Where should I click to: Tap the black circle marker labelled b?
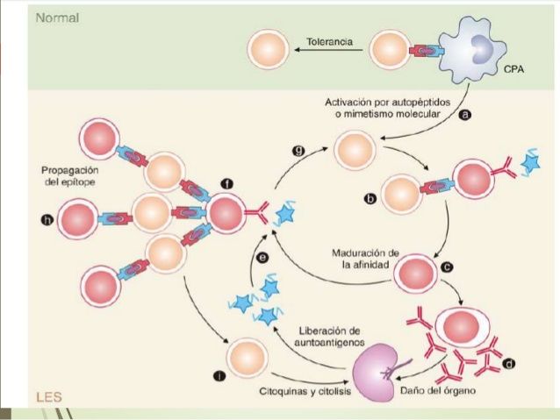(x=370, y=199)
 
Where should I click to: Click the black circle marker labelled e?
(x=262, y=258)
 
